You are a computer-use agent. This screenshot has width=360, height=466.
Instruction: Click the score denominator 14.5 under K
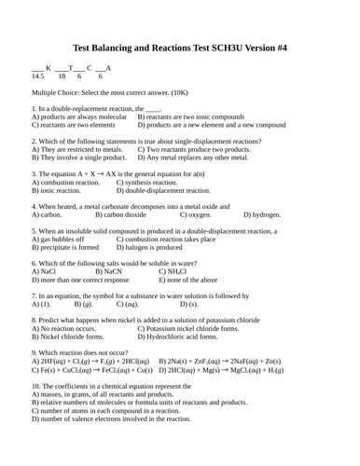38,76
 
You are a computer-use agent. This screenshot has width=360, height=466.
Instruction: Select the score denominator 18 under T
62,76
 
